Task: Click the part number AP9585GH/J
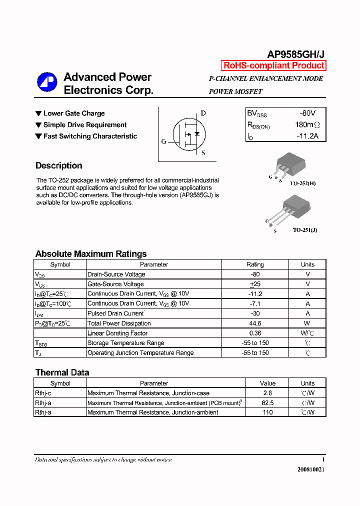point(295,55)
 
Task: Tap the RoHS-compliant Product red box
point(273,65)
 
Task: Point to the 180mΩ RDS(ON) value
point(307,124)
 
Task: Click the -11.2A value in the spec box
point(307,136)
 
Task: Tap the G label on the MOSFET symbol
point(163,141)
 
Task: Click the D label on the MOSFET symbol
point(203,113)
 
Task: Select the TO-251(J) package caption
point(305,230)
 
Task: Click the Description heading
point(59,165)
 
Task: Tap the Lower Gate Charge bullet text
point(74,113)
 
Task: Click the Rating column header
point(255,264)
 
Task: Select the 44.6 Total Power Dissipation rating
point(255,323)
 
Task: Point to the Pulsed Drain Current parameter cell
point(116,313)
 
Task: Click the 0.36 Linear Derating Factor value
point(255,333)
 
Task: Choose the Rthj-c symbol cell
point(43,393)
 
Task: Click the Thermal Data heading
point(62,372)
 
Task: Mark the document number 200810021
point(310,470)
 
